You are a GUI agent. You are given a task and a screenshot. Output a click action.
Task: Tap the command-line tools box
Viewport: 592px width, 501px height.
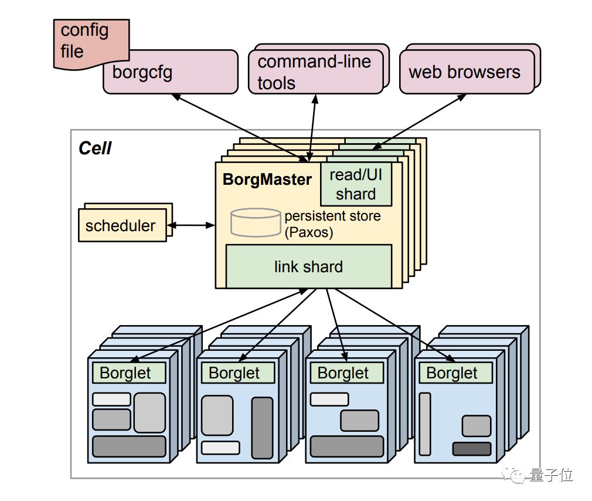point(315,72)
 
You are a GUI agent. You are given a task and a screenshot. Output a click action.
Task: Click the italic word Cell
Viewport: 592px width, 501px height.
point(95,148)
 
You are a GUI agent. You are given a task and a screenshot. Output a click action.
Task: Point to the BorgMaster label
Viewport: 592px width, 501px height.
point(267,179)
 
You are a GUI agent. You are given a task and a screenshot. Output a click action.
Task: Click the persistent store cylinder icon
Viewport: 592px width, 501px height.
point(255,222)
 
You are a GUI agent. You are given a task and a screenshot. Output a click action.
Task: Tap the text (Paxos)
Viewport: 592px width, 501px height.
point(309,232)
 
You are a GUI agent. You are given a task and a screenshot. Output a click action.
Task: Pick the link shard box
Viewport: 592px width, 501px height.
point(308,266)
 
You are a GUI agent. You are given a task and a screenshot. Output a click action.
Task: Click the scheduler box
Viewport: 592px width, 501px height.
point(121,226)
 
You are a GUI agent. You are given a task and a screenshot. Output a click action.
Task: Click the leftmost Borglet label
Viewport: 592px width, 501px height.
point(126,373)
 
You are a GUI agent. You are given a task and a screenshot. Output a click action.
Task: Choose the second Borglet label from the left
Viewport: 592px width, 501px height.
point(235,373)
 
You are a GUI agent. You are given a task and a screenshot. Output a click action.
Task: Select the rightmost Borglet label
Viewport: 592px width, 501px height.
point(452,373)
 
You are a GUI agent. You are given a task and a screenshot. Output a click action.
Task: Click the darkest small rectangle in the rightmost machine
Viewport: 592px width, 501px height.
point(471,449)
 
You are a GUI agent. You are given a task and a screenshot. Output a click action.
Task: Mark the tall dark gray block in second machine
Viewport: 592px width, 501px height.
point(262,428)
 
